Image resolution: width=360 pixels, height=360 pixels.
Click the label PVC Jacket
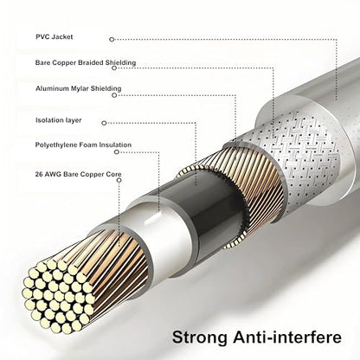point(55,37)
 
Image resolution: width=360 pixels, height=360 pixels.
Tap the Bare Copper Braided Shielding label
point(86,62)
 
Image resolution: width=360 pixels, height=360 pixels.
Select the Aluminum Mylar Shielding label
point(79,88)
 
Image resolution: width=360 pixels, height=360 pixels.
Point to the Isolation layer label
point(59,120)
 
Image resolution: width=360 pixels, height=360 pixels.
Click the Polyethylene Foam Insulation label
point(83,145)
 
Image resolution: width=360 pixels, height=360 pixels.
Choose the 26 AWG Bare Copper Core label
point(79,174)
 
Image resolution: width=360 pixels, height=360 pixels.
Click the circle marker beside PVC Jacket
point(112,39)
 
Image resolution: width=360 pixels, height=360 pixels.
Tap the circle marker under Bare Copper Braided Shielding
point(114,68)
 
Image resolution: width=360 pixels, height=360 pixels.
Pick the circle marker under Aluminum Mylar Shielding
point(114,95)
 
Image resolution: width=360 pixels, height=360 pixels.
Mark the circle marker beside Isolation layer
point(104,123)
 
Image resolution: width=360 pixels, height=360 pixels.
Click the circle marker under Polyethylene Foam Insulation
point(117,151)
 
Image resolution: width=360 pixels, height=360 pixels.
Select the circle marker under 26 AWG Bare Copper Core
point(119,180)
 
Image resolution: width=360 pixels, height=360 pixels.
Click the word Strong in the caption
point(200,337)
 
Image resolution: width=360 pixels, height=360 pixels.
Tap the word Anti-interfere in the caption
point(287,337)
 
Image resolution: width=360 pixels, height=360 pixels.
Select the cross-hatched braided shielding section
point(305,156)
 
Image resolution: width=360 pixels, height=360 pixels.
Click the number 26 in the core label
point(39,174)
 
